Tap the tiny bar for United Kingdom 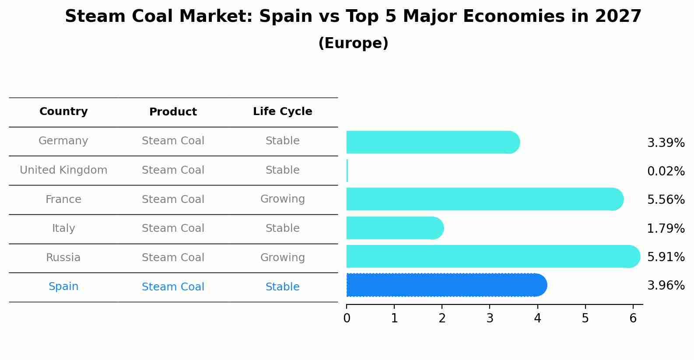pos(347,171)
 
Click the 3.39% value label pos(666,143)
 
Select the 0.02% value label pos(666,171)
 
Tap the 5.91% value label pos(666,257)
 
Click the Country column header pos(63,112)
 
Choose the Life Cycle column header pos(282,112)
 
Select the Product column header pos(173,112)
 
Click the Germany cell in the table pos(63,141)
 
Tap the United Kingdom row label pos(63,170)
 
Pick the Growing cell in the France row pos(282,199)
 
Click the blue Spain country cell pos(63,287)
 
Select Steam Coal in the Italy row pos(173,228)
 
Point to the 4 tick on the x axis pos(537,318)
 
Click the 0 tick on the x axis pos(347,318)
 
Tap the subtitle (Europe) pos(353,43)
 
